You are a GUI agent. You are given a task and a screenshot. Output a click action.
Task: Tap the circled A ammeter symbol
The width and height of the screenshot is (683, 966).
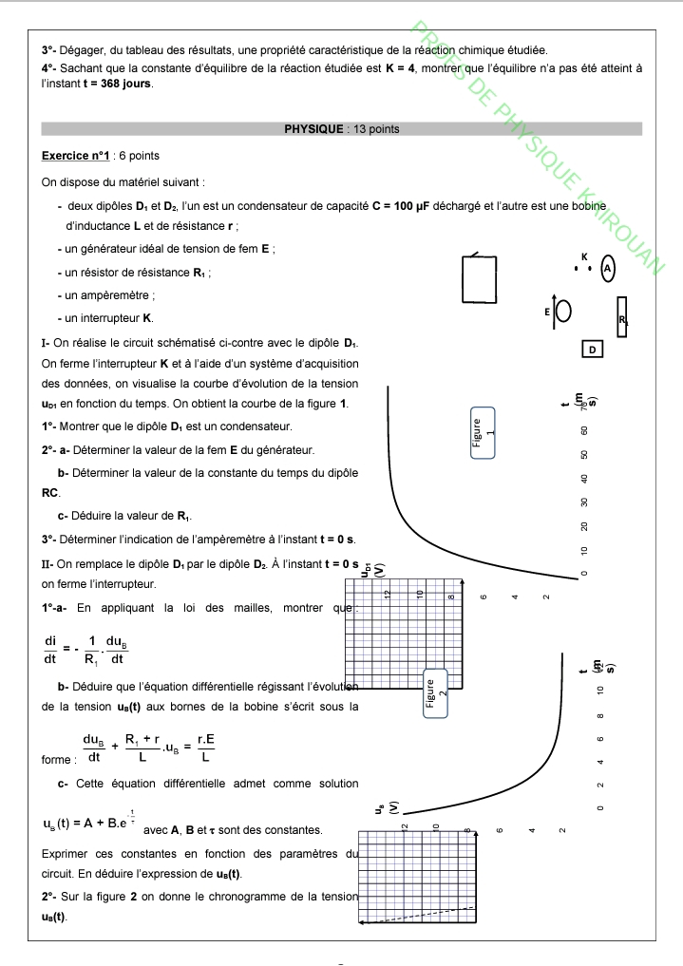coord(608,269)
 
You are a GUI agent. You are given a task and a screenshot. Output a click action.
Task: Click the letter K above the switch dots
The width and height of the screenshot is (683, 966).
coord(584,256)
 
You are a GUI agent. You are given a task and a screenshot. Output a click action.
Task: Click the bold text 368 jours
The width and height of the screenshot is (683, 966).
coord(125,83)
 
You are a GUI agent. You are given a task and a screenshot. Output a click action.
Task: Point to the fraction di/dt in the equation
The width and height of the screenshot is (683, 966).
coord(49,649)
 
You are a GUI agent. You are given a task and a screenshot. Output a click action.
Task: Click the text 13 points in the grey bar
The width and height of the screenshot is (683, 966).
coord(376,129)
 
